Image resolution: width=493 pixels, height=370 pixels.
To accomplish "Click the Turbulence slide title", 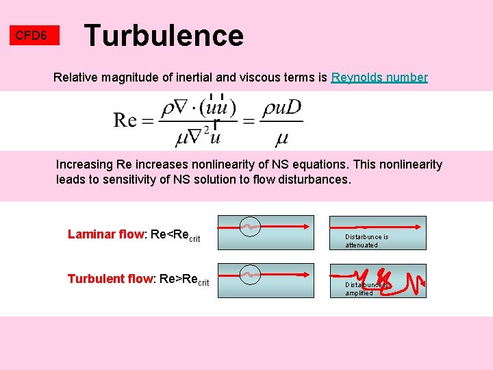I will [x=163, y=36].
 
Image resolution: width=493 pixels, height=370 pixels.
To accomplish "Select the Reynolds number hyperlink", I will [x=379, y=77].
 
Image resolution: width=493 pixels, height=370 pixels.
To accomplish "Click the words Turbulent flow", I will [x=110, y=279].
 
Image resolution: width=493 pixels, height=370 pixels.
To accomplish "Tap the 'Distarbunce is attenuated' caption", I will [x=366, y=241].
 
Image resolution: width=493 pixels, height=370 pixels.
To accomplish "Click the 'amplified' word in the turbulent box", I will [x=359, y=293].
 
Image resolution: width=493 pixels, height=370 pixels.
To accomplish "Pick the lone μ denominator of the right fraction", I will [x=281, y=138].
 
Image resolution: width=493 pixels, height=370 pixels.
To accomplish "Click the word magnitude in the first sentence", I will [x=129, y=77].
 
